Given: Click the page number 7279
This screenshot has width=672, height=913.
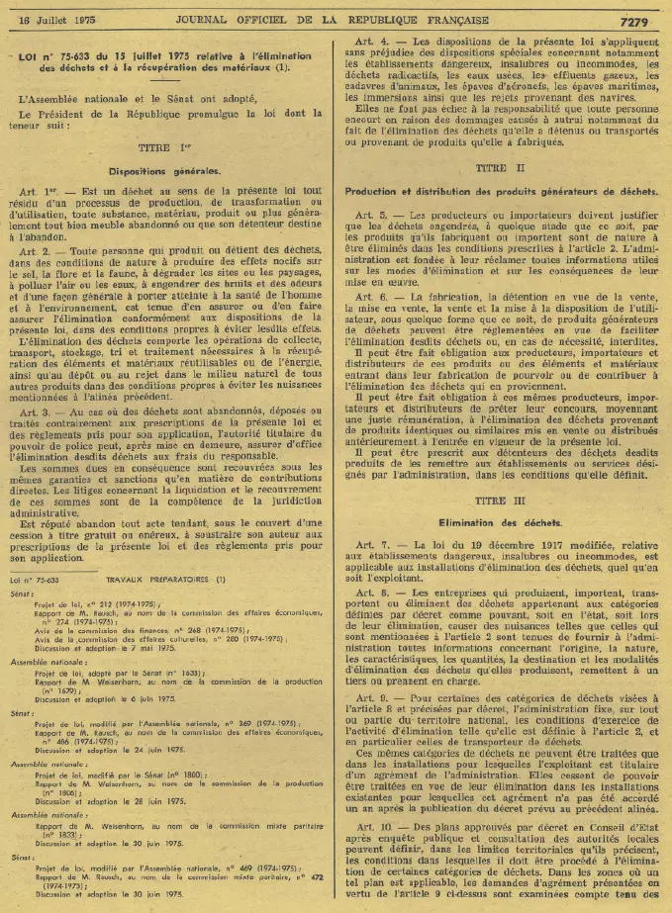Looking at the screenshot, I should tap(640, 20).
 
